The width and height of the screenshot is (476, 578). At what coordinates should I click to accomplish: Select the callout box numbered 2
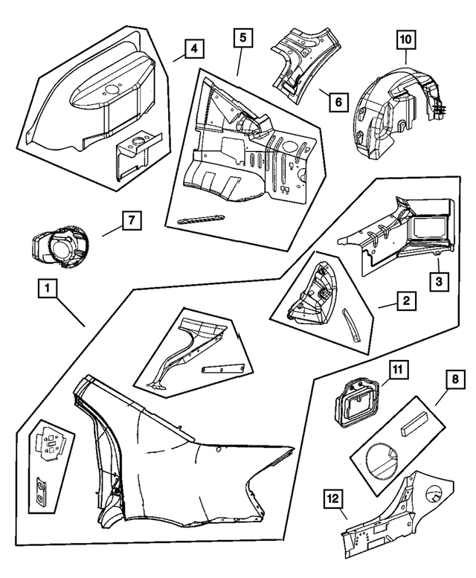pyautogui.click(x=405, y=301)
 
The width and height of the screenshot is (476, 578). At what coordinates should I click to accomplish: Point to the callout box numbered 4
pyautogui.click(x=193, y=50)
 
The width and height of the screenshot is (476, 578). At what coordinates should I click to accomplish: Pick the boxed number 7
pyautogui.click(x=130, y=221)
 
